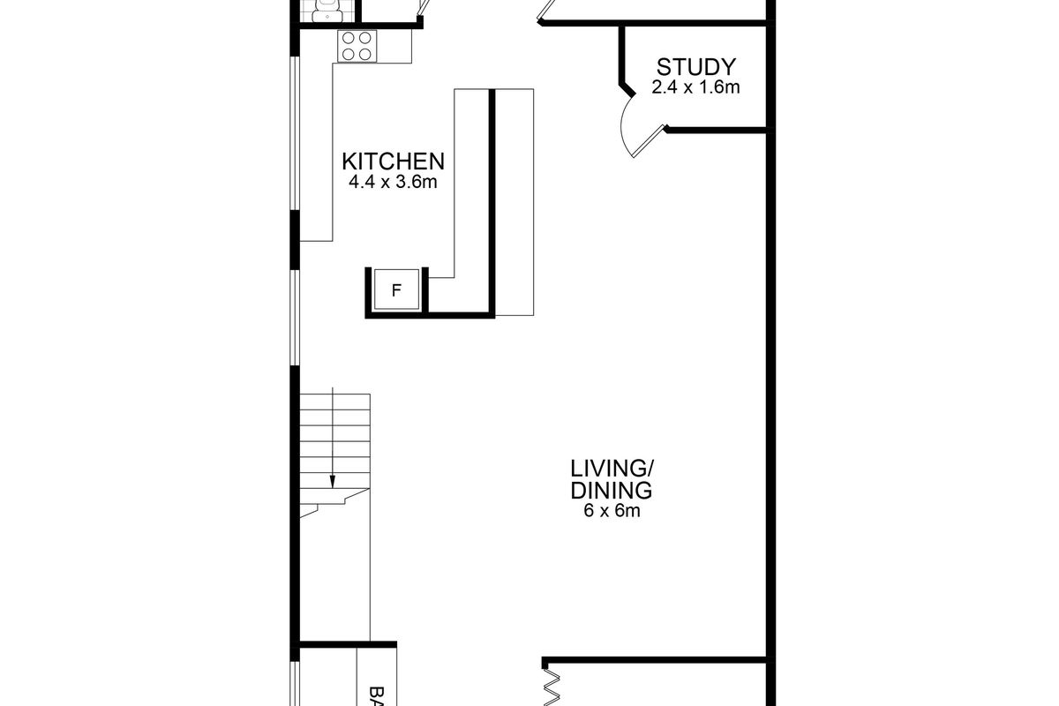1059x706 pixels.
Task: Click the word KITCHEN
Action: [x=393, y=161]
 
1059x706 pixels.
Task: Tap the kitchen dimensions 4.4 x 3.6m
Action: [x=394, y=184]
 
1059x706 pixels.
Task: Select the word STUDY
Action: [x=695, y=67]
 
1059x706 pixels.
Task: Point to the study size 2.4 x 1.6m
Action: [x=695, y=87]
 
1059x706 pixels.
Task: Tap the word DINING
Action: [x=611, y=491]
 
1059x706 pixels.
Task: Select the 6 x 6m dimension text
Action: [x=611, y=511]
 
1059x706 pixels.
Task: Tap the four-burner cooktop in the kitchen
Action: [x=357, y=46]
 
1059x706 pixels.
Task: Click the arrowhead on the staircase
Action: [x=333, y=482]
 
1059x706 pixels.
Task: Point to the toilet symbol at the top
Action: [x=324, y=10]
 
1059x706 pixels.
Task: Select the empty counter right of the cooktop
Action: [x=394, y=46]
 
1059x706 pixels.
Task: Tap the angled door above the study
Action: [x=544, y=11]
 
